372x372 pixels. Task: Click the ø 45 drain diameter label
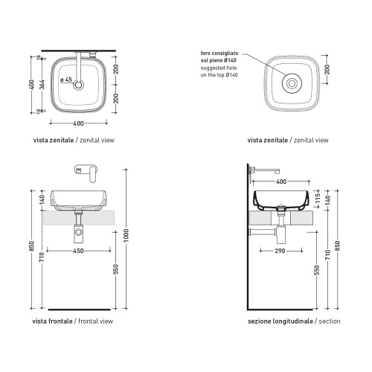(66, 80)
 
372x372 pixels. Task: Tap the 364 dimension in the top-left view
(42, 85)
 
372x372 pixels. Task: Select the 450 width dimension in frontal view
(78, 251)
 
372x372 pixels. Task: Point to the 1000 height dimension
(126, 236)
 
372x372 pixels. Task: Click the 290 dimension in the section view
(280, 251)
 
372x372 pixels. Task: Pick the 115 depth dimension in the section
(318, 199)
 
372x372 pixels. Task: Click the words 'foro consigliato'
(219, 54)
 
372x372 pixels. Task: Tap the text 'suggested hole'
(219, 68)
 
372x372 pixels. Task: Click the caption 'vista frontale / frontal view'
(73, 321)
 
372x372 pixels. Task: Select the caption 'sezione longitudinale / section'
(294, 321)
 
